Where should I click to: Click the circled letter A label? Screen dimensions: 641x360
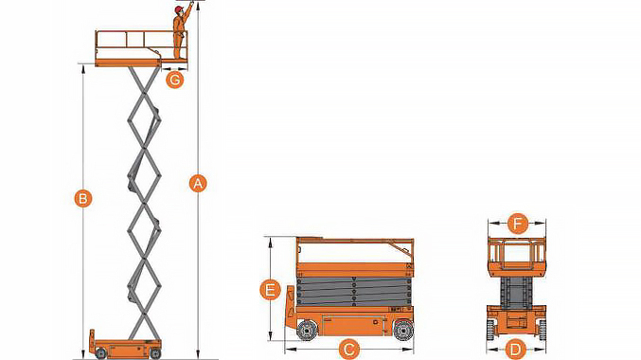198,183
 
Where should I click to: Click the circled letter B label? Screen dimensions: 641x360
83,198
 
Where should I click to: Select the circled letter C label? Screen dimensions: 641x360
348,350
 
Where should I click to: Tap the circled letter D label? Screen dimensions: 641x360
515,350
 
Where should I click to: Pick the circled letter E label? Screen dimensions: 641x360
270,290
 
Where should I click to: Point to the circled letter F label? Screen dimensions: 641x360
518,224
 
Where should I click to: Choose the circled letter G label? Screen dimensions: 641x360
174,80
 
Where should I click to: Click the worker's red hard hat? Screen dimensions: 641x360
178,9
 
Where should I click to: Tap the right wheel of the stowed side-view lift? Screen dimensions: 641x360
403,330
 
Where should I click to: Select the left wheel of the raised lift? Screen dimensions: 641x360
100,353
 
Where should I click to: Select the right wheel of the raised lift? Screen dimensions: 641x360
155,353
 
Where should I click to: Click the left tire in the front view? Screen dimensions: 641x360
490,330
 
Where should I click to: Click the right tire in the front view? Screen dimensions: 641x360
543,330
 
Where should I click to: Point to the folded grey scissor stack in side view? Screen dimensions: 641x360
354,291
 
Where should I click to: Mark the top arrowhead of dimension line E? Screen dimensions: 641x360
270,242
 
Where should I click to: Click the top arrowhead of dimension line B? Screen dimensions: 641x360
83,69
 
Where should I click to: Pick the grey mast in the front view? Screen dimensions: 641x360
517,292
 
